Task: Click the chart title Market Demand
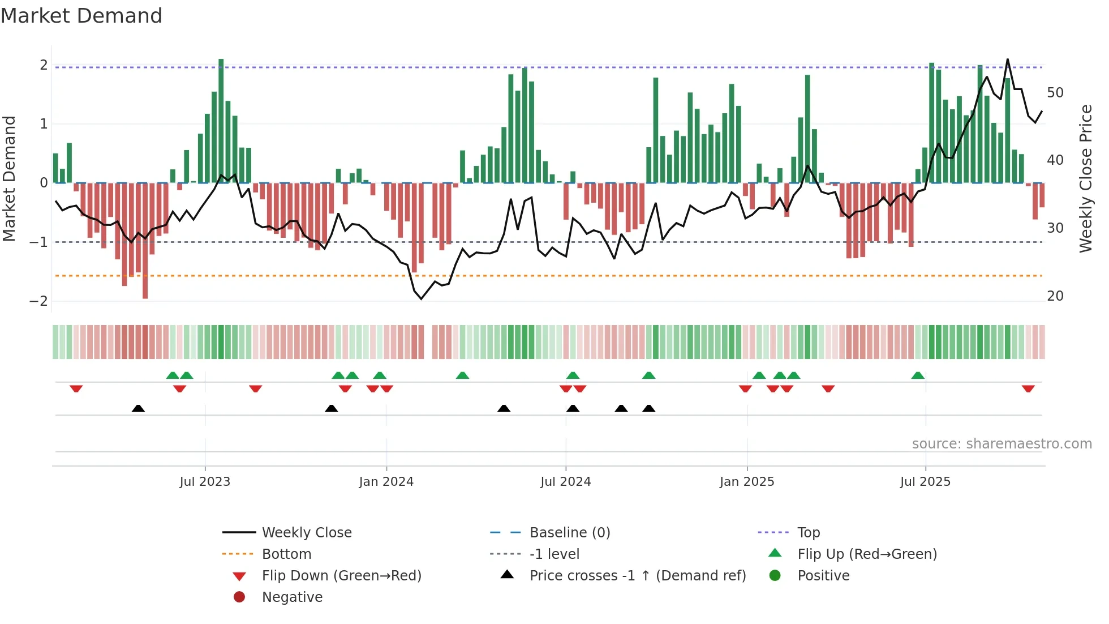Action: point(81,16)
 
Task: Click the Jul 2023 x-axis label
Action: point(205,482)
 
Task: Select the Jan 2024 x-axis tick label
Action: point(386,482)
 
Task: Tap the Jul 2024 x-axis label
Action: point(565,482)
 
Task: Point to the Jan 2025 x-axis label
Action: point(747,482)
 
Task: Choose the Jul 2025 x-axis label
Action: point(925,482)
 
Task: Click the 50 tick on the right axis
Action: point(1055,93)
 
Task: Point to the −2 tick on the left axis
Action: point(38,301)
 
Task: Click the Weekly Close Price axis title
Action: point(1085,178)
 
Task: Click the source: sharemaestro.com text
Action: point(1001,444)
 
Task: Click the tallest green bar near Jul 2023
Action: point(221,121)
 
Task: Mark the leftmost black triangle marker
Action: point(138,408)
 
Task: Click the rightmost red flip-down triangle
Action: point(1028,389)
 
